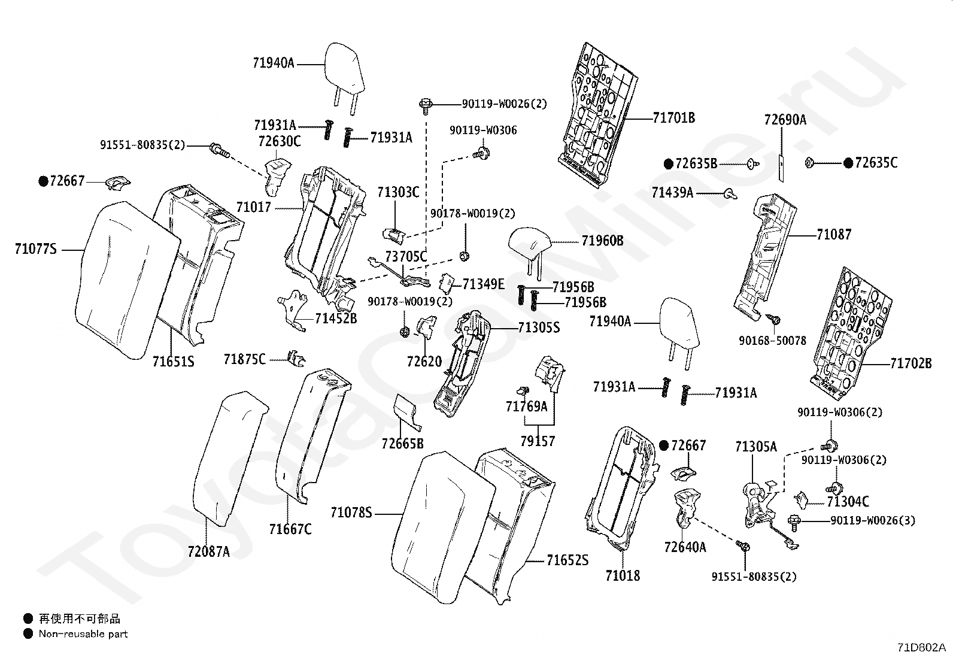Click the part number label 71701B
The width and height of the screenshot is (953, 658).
[674, 117]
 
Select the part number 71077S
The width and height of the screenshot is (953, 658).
[36, 248]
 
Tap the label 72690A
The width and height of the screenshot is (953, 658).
[785, 120]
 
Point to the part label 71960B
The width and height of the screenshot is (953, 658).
[602, 241]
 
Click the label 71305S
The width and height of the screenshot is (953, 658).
[539, 328]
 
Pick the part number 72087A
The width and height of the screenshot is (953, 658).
[208, 551]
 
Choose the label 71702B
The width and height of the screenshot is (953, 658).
[911, 363]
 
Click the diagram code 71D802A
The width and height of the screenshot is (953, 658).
[921, 647]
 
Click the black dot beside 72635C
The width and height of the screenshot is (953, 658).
[848, 163]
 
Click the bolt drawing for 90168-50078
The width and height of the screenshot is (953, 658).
[773, 319]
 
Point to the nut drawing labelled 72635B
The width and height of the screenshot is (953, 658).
[754, 164]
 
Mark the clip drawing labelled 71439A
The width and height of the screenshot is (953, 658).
[731, 194]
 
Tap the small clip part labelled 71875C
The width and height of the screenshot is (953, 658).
[296, 359]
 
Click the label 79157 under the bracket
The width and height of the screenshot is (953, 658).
[538, 441]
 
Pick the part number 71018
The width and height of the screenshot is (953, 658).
[623, 575]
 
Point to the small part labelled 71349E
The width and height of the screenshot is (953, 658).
[447, 283]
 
